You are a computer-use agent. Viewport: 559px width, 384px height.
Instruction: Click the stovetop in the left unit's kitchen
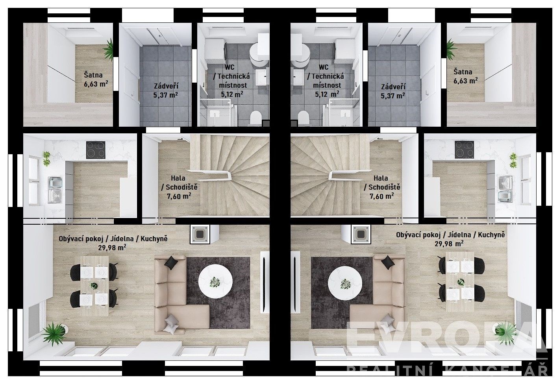tap(96, 150)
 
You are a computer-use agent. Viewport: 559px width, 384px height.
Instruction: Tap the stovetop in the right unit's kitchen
tap(464, 150)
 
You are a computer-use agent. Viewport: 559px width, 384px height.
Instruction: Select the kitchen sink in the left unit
tap(55, 190)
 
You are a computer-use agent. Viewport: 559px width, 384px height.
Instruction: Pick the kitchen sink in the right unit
tap(505, 188)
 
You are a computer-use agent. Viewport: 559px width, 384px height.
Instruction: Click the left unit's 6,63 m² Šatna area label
tap(96, 84)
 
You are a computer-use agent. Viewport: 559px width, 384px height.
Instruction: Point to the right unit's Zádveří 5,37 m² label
tap(393, 91)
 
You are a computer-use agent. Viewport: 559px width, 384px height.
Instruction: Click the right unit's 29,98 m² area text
tap(449, 244)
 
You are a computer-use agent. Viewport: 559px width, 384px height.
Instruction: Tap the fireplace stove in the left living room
tap(200, 234)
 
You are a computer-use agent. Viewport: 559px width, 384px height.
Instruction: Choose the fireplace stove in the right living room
tap(361, 234)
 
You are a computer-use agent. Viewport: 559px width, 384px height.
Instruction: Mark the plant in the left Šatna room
tap(108, 50)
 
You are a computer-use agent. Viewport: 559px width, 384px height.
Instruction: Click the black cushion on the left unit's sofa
tap(171, 263)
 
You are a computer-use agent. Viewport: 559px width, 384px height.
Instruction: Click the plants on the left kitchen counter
tap(47, 159)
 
